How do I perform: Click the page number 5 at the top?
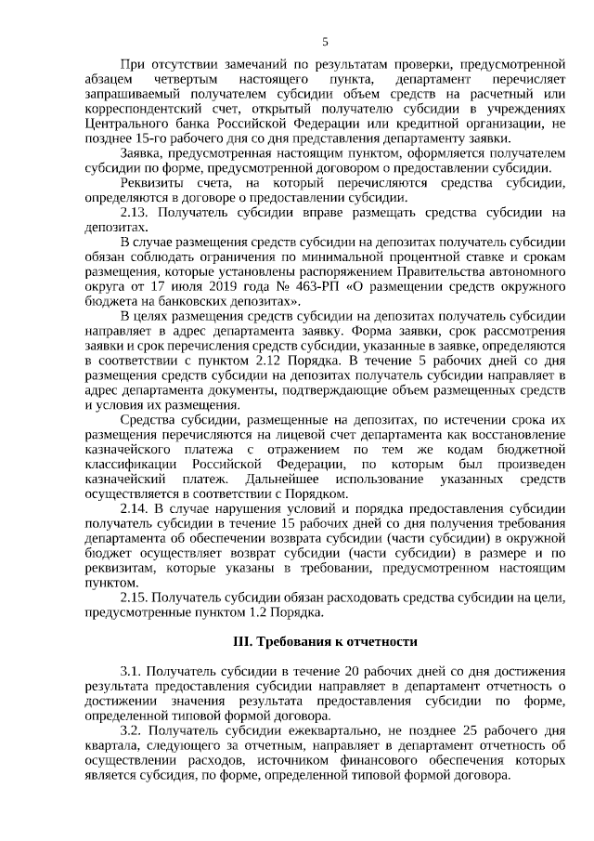pyautogui.click(x=325, y=41)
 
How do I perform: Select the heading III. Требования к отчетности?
pyautogui.click(x=325, y=641)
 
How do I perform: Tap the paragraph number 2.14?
pyautogui.click(x=136, y=508)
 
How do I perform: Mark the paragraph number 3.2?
pyautogui.click(x=132, y=730)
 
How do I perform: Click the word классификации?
pyautogui.click(x=130, y=464)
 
